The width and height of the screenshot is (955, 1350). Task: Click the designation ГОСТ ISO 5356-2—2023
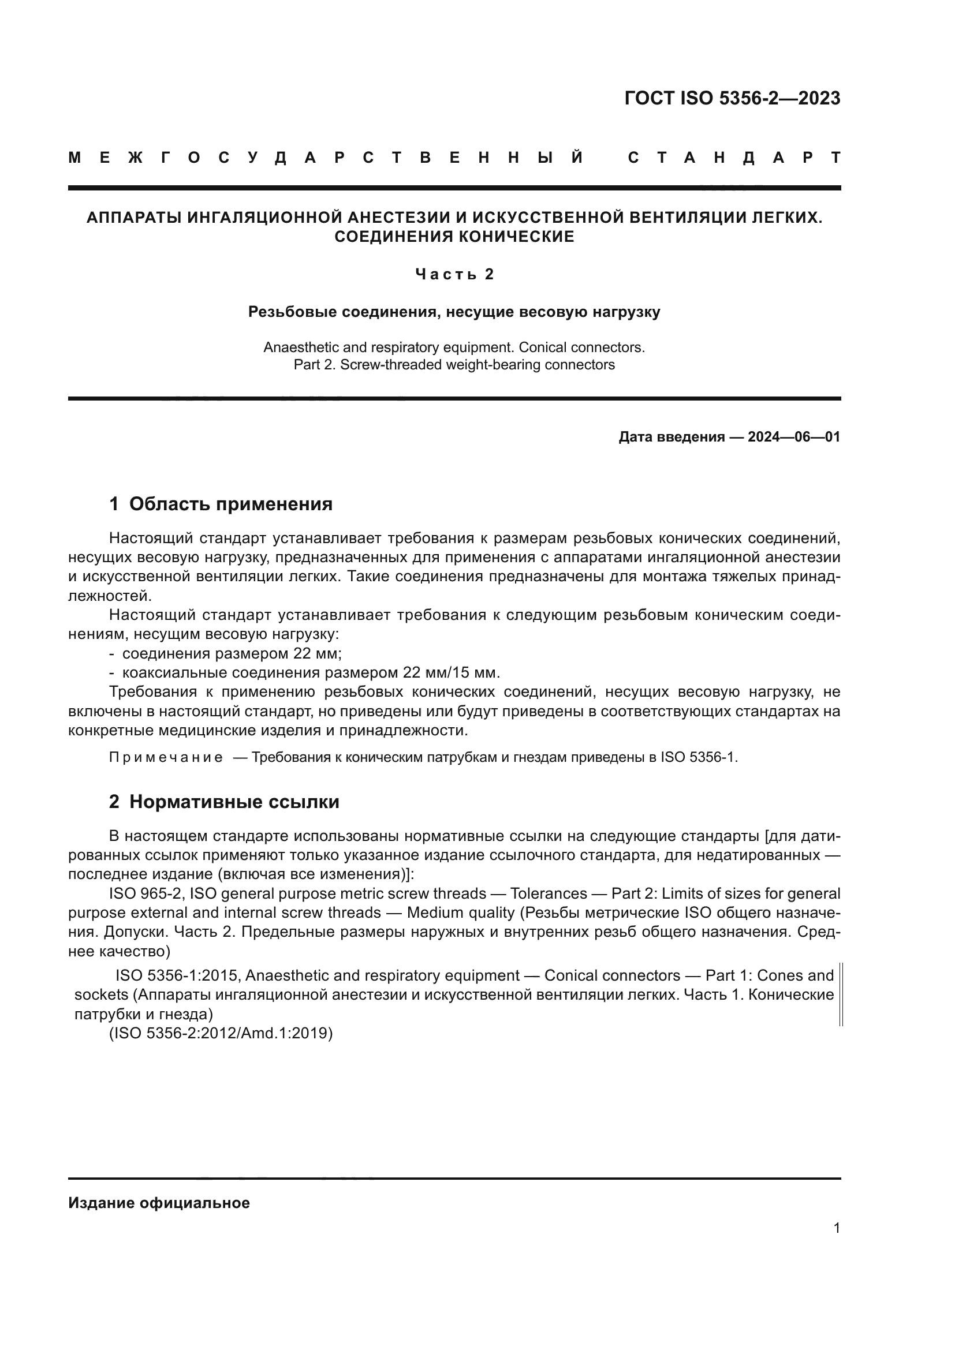point(732,98)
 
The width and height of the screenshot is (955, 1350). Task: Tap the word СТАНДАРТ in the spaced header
point(734,158)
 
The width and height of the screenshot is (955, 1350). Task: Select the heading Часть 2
point(454,274)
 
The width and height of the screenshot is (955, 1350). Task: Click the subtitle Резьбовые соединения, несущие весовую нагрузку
point(454,312)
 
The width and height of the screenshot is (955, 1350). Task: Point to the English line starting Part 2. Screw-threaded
point(454,365)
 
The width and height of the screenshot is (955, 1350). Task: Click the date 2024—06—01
point(794,437)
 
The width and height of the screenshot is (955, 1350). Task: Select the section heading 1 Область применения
point(221,504)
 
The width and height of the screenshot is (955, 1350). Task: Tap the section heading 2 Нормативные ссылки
point(224,802)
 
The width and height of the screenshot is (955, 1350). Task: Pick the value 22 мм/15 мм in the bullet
point(450,672)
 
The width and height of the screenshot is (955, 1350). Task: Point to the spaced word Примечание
point(166,757)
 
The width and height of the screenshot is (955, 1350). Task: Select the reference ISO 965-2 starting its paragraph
point(147,893)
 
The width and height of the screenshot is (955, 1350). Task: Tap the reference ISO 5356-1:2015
point(178,975)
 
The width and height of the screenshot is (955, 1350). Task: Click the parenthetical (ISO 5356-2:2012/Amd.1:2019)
point(221,1033)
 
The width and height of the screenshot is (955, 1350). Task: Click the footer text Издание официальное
point(159,1203)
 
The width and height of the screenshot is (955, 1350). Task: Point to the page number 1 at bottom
point(837,1228)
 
